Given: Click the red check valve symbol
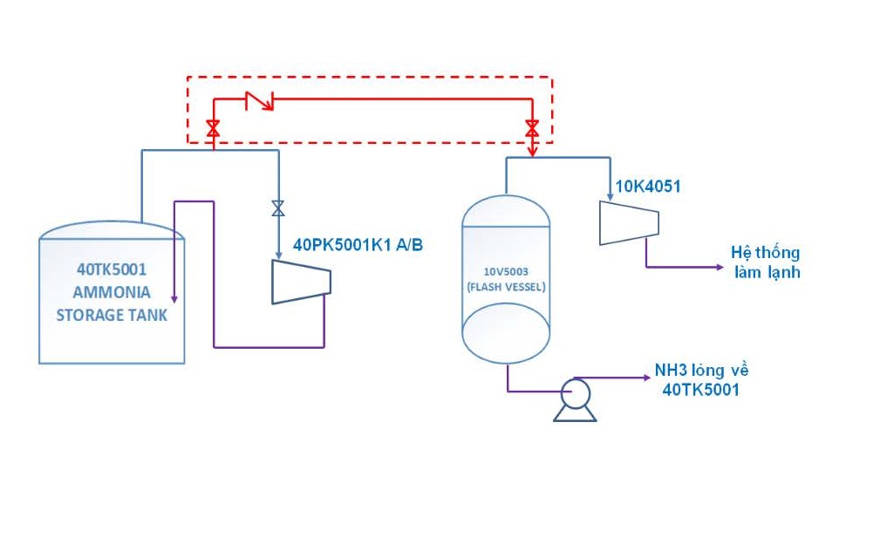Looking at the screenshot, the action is pos(259,100).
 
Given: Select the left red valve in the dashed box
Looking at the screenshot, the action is pos(214,128).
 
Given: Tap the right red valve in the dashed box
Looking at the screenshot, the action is pos(532,128).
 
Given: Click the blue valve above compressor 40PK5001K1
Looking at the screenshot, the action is pos(278,208).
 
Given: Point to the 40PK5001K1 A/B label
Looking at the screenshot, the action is pos(358,245).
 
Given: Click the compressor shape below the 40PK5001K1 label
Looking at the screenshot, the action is pos(302,282).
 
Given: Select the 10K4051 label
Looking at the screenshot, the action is pos(648,187).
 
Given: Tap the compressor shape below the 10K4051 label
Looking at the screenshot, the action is pos(629,223).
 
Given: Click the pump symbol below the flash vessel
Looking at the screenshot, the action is pos(576,399).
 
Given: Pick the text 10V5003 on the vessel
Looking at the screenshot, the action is pos(506,271).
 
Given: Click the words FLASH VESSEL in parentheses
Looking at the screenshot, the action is pos(506,287).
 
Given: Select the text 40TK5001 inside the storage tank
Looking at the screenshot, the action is pos(112,269).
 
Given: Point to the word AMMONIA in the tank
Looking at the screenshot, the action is pos(112,292).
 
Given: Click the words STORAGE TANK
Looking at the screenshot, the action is pos(112,316).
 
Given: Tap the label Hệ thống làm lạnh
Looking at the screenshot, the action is pos(766,262).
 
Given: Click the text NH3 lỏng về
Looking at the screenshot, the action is pos(701,371).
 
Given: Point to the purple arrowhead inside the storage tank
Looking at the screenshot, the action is pos(174,299).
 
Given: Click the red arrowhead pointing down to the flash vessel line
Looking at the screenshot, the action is pos(532,152).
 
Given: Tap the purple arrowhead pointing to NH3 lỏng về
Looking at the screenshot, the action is pos(646,378).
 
